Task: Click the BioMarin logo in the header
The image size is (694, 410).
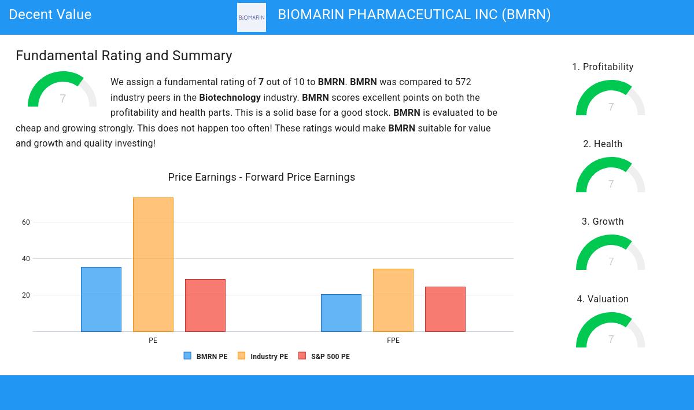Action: coord(252,17)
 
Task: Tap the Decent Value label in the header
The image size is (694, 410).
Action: coord(50,14)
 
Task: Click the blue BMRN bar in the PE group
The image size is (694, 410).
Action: coord(101,299)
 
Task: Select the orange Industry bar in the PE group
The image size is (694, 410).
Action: coord(153,265)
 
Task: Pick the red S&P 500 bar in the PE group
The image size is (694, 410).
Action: coord(205,305)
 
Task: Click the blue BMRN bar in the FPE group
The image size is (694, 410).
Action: coord(341,313)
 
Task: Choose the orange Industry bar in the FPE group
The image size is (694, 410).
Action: coord(393,300)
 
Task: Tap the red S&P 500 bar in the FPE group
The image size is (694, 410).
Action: coord(445,309)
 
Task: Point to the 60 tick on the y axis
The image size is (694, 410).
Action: coord(26,222)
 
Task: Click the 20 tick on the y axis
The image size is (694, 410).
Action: coord(26,295)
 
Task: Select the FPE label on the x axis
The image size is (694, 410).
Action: coord(393,341)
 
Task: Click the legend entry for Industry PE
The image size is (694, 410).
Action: coord(263,356)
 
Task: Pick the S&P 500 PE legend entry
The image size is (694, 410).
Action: coord(324,356)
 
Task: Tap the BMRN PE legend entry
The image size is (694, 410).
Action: coord(206,356)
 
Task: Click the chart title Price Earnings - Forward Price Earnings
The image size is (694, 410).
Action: coord(261,177)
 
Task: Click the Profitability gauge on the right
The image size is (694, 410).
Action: coord(611,98)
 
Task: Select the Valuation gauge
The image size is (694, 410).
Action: coord(611,331)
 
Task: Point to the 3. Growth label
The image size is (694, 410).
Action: coord(603,222)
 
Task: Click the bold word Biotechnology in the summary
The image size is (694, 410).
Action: coord(230,98)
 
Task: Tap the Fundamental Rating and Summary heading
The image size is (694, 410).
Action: coord(124,56)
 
